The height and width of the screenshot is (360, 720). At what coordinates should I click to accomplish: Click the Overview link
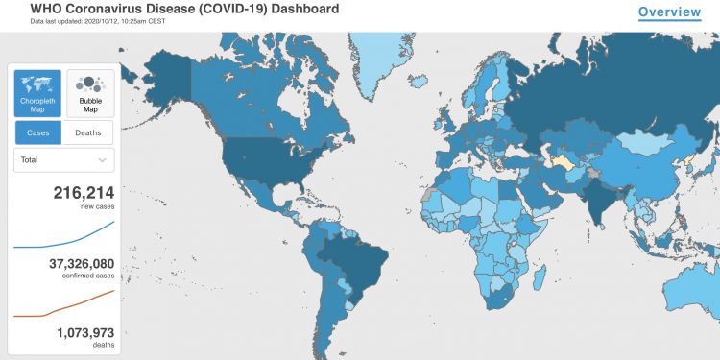(x=670, y=12)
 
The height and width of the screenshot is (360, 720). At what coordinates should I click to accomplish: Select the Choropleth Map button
(x=37, y=93)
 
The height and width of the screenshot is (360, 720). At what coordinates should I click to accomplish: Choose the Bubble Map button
(x=90, y=93)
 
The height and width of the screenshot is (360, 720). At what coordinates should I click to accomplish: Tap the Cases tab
(x=37, y=132)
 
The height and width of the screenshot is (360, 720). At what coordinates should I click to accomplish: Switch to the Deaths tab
(x=88, y=132)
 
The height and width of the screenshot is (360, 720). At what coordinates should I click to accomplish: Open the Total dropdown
(x=63, y=160)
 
